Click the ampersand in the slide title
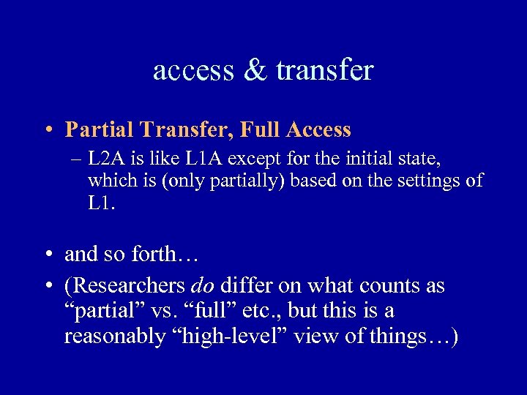(258, 70)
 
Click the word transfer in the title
(325, 70)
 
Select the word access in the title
(194, 71)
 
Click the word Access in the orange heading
(319, 130)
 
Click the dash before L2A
(75, 158)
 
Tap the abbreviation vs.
(170, 311)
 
